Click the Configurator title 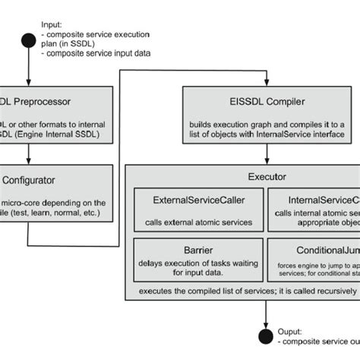tap(31, 181)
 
